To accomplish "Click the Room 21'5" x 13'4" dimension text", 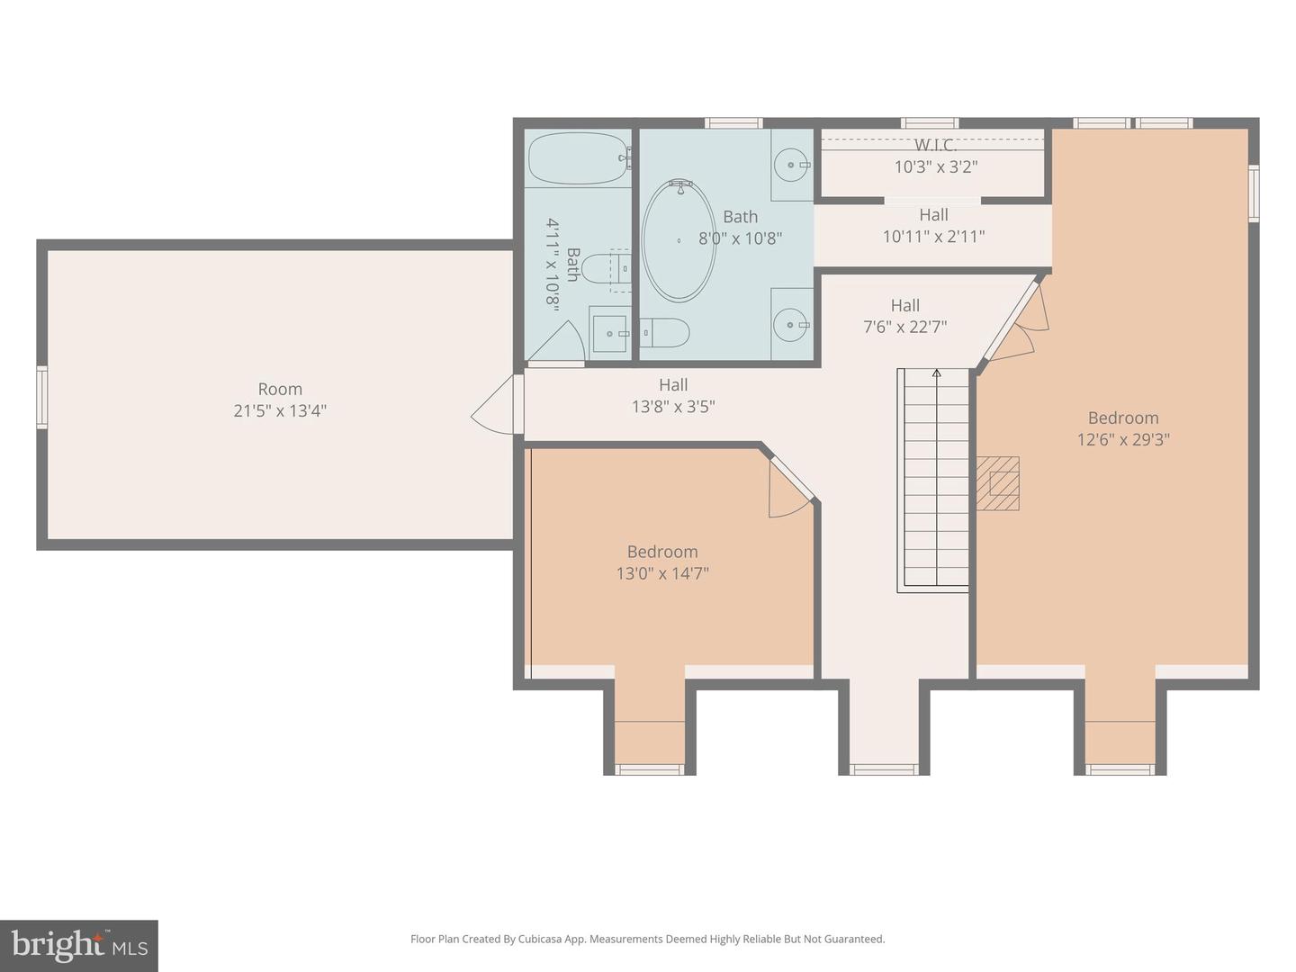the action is tap(280, 410).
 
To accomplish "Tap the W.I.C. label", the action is tap(935, 145).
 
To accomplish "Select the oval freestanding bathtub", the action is tap(679, 241).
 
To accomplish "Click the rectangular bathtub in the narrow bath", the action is tap(579, 158).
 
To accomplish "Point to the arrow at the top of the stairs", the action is tap(936, 373).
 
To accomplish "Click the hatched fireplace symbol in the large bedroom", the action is tap(997, 483).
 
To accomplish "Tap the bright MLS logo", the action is tap(79, 945).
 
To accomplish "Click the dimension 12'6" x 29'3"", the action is tap(1123, 440).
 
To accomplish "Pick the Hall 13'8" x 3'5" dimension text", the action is tap(673, 407).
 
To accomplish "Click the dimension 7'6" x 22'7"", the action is tap(904, 327).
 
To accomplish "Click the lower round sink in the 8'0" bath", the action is tap(790, 325).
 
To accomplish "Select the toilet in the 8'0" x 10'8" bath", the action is tap(664, 333).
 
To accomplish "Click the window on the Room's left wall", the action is tap(42, 397).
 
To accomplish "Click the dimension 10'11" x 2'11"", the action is tap(933, 237).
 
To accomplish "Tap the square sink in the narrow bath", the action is tap(610, 333).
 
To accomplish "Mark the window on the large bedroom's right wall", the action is tap(1254, 193).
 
